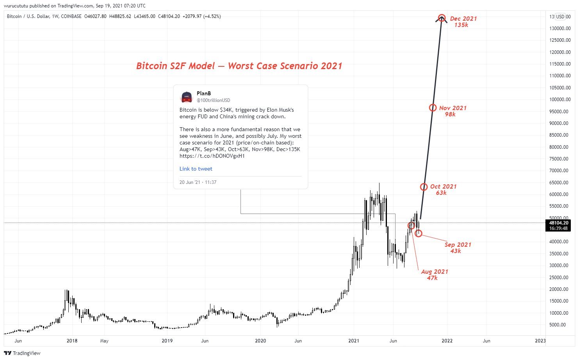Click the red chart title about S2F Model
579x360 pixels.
(239, 66)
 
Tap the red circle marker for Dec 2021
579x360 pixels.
(442, 18)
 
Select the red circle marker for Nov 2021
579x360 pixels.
(433, 108)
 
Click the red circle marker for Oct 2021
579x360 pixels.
(424, 187)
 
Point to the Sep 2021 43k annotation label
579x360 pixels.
(458, 248)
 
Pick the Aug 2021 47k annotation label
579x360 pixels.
(434, 274)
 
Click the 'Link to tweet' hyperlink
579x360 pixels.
(196, 169)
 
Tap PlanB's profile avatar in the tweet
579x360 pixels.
(187, 97)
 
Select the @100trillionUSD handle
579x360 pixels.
(213, 100)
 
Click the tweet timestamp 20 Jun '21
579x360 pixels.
(198, 182)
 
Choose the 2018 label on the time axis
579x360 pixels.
(72, 340)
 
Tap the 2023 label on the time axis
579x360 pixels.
(540, 340)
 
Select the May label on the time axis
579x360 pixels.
(104, 340)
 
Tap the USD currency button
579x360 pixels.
(560, 16)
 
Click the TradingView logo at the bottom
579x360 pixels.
(22, 353)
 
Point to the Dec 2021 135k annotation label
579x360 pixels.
(463, 21)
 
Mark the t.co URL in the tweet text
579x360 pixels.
(212, 156)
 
